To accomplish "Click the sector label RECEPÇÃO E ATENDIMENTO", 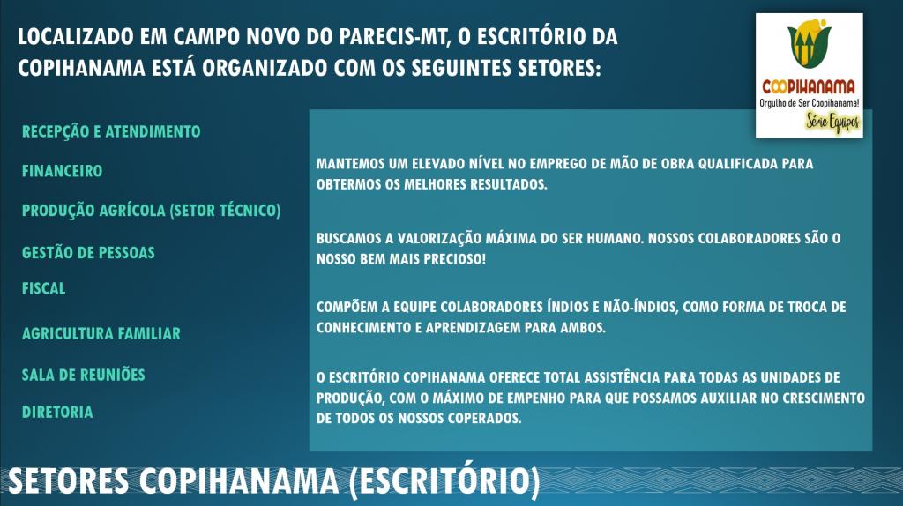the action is pyautogui.click(x=111, y=132).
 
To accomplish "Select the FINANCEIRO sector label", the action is pyautogui.click(x=63, y=171).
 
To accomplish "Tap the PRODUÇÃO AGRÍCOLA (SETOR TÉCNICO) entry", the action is pyautogui.click(x=152, y=211).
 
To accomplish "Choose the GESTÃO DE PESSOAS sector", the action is pyautogui.click(x=88, y=252).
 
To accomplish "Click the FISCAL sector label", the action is pyautogui.click(x=44, y=288).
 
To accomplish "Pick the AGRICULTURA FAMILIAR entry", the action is pyautogui.click(x=101, y=333).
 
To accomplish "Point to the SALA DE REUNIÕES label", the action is pyautogui.click(x=84, y=375).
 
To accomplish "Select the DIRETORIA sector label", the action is pyautogui.click(x=57, y=413).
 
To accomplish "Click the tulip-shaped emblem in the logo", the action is pyautogui.click(x=810, y=43).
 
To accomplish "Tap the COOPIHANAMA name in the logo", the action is pyautogui.click(x=809, y=87).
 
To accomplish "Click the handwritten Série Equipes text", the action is pyautogui.click(x=832, y=122).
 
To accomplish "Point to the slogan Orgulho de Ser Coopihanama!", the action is pyautogui.click(x=810, y=103).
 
